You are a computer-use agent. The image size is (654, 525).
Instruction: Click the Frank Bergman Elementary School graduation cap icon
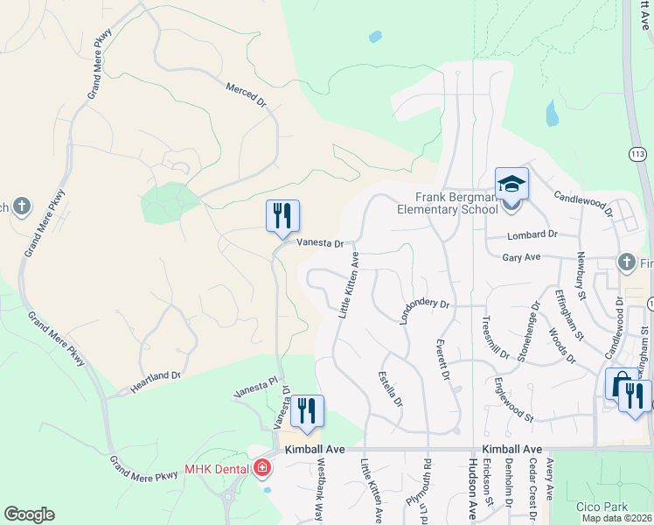[511, 185]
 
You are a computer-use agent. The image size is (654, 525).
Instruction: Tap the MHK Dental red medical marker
[261, 469]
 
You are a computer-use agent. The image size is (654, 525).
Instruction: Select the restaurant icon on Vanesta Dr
[282, 216]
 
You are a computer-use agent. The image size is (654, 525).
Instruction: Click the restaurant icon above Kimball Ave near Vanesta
[307, 411]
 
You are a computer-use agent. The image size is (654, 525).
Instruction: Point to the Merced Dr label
[246, 95]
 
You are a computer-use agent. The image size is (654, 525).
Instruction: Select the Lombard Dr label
[533, 234]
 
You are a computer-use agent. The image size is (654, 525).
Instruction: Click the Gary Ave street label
[523, 257]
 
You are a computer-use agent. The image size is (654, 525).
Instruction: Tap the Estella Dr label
[390, 389]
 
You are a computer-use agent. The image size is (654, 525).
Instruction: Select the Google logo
[29, 514]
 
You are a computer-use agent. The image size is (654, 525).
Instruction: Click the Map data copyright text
[616, 518]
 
